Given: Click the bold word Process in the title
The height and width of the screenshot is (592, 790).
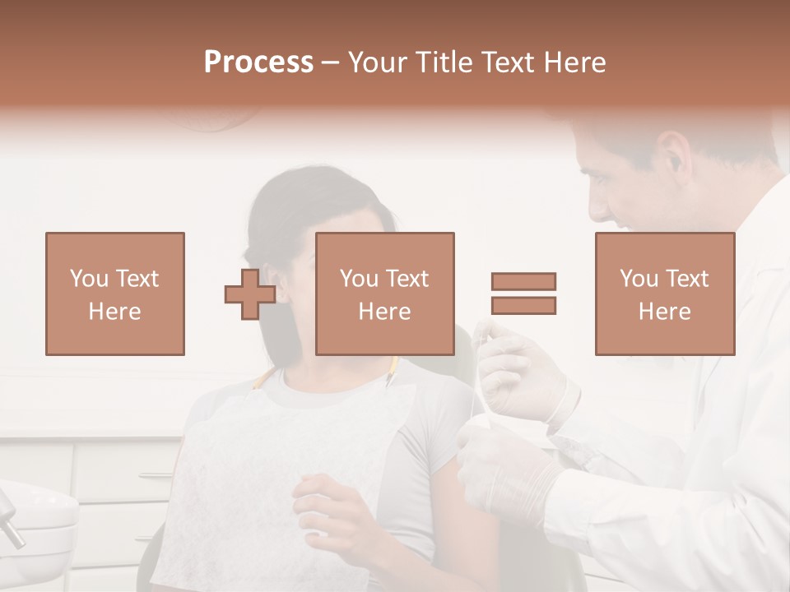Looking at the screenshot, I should tap(258, 62).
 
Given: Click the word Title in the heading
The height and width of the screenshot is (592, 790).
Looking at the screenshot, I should tap(444, 62).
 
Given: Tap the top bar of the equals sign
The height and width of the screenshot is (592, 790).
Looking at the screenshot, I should tap(523, 281).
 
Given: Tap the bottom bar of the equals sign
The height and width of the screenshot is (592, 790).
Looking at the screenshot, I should tap(523, 305).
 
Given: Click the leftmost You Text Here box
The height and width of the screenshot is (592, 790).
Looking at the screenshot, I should tap(115, 294).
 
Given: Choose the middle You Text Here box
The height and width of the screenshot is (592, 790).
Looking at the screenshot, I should tap(385, 294).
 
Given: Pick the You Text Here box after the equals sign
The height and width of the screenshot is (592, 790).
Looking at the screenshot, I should tap(665, 294).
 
